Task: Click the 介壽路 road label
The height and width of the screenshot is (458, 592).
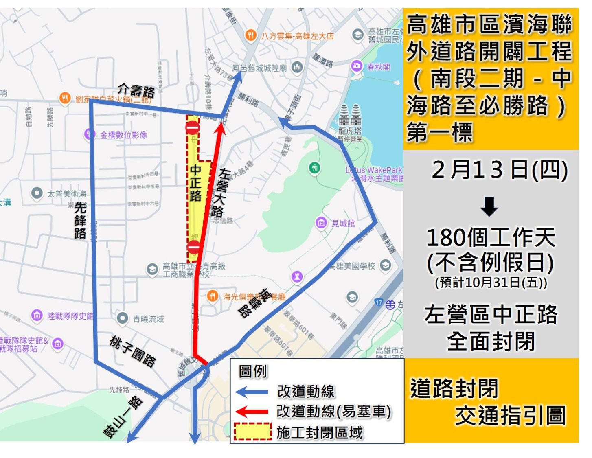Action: (x=136, y=90)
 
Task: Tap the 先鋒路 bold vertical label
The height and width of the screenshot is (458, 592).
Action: (x=80, y=220)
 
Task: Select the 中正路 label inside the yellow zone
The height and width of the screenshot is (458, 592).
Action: (x=195, y=183)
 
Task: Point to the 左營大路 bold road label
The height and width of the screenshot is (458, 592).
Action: (x=222, y=193)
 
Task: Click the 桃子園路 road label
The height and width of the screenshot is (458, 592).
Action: (x=133, y=351)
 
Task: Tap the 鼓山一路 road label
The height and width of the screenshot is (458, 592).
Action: (x=123, y=417)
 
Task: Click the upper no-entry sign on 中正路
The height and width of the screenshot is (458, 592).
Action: (x=192, y=127)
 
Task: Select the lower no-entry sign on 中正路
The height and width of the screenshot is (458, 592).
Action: (x=193, y=247)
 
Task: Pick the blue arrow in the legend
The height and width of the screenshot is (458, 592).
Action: (x=252, y=392)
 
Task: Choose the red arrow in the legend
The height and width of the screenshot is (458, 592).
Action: (x=252, y=412)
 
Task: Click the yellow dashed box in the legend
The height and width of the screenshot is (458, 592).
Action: (x=252, y=432)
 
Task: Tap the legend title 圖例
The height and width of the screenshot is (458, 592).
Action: (x=252, y=371)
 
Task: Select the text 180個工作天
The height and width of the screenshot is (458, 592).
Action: (x=491, y=237)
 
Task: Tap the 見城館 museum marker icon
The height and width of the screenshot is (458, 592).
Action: (x=321, y=222)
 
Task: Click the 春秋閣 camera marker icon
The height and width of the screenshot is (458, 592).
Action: (x=357, y=66)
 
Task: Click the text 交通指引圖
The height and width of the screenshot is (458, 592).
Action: (x=510, y=416)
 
